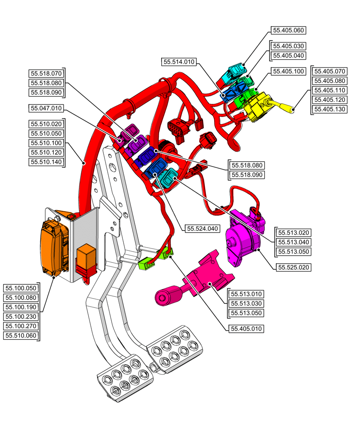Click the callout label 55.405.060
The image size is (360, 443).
(288, 31)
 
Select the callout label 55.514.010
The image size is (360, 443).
(179, 62)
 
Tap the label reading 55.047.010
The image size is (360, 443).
(46, 108)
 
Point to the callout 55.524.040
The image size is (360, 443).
(203, 229)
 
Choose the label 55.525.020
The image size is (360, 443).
(293, 268)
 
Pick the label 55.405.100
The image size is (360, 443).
(288, 71)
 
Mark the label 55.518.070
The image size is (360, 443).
(46, 74)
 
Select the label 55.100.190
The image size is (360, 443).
(21, 307)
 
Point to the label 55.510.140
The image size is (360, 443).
(46, 162)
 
